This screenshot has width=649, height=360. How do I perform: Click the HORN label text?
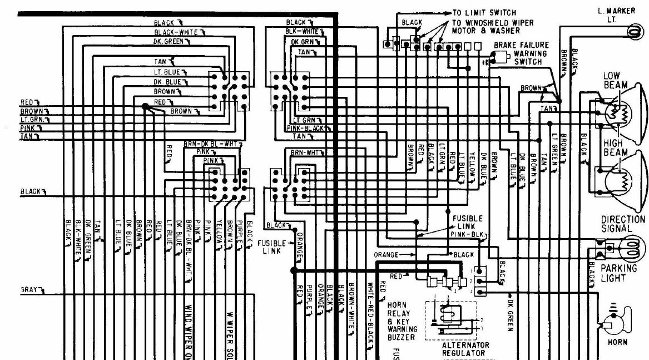[x=617, y=343]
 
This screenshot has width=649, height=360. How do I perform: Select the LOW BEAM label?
[x=615, y=80]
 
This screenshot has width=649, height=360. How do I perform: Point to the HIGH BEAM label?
[x=616, y=148]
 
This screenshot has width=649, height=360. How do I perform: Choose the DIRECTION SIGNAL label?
[x=623, y=224]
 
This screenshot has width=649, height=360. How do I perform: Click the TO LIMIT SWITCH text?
[x=484, y=12]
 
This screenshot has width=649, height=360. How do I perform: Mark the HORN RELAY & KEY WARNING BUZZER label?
[x=401, y=321]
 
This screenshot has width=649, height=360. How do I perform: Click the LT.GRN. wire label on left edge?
[x=33, y=119]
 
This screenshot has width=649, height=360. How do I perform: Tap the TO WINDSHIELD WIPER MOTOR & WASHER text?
[x=492, y=26]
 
